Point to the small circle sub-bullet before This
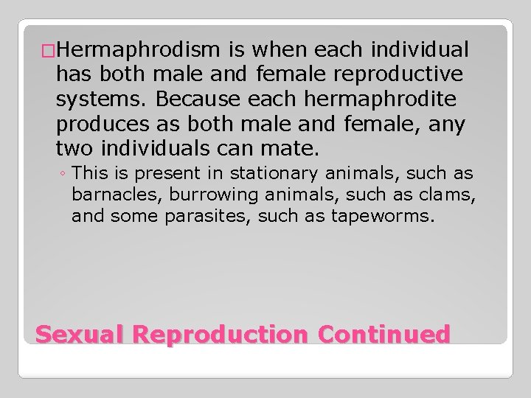[x=63, y=175]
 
